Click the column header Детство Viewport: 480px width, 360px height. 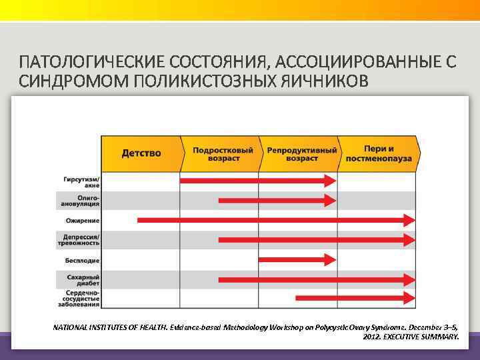pyautogui.click(x=141, y=153)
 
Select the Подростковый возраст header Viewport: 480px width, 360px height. pyautogui.click(x=223, y=154)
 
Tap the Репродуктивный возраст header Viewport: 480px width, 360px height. pyautogui.click(x=301, y=154)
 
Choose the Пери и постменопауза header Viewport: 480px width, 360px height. pyautogui.click(x=379, y=154)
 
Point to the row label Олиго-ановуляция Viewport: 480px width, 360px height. pyautogui.click(x=83, y=201)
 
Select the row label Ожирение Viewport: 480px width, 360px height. pyautogui.click(x=83, y=220)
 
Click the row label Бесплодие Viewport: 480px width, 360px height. pyautogui.click(x=83, y=259)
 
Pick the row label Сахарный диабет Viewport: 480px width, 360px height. pyautogui.click(x=84, y=279)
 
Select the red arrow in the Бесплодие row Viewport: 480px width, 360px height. pyautogui.click(x=296, y=259)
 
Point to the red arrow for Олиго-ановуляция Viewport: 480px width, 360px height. pyautogui.click(x=277, y=200)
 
